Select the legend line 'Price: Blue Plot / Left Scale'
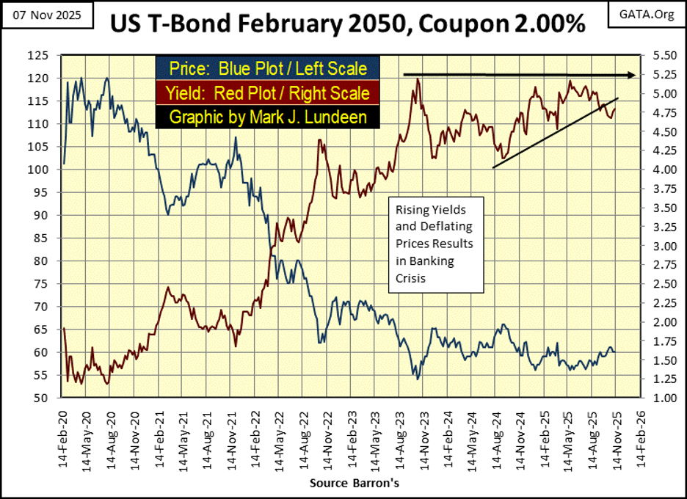click(x=267, y=69)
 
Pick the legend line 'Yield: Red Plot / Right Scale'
click(x=267, y=92)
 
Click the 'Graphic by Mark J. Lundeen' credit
click(x=267, y=116)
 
